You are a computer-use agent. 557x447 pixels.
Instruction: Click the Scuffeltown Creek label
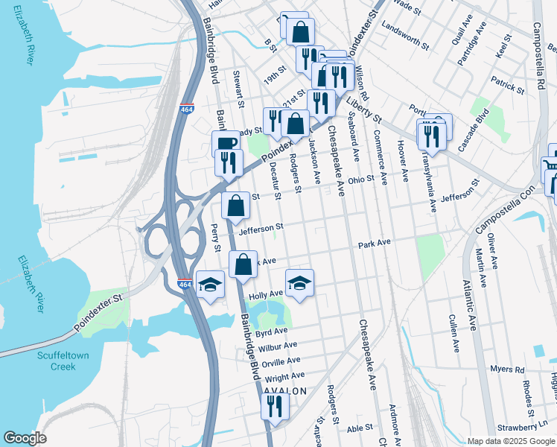pos(63,361)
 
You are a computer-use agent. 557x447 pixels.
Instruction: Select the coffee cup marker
pos(226,143)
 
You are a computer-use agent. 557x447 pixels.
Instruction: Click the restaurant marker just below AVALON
pos(275,406)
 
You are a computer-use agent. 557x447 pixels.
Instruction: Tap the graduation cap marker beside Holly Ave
pos(299,283)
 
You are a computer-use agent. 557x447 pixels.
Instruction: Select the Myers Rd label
pos(507,370)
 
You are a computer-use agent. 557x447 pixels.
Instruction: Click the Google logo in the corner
pos(25,438)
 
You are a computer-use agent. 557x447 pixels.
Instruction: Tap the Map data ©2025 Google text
pos(510,441)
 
